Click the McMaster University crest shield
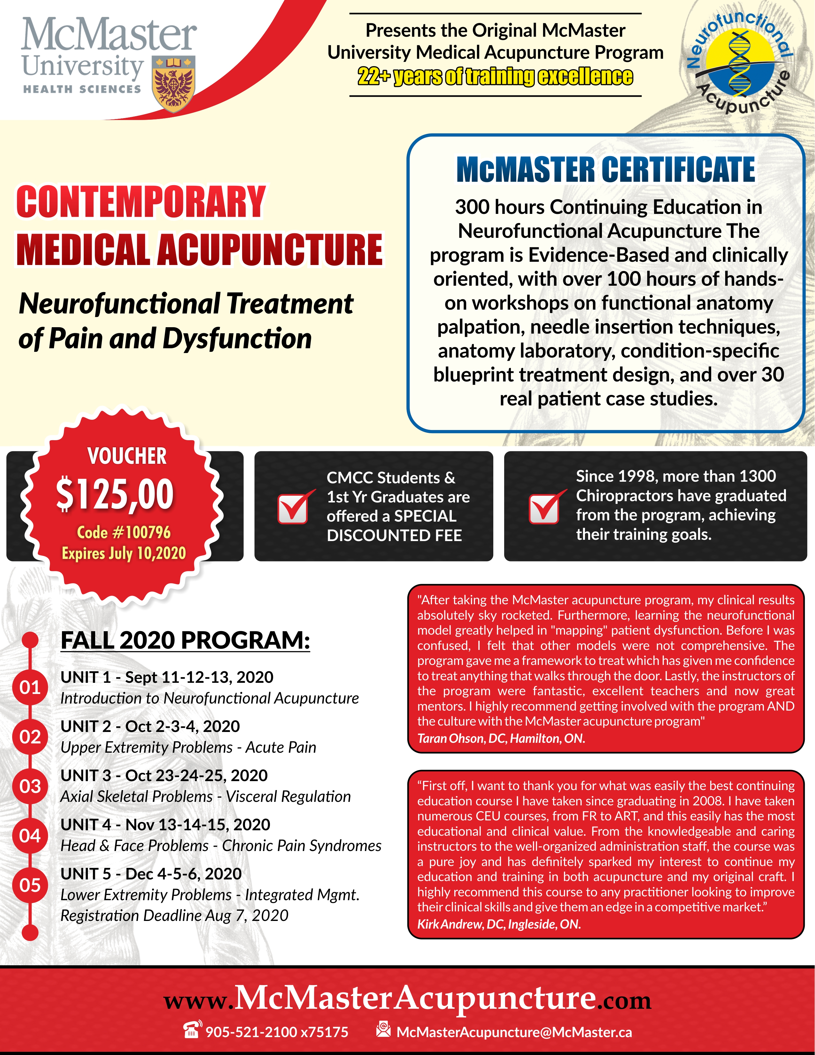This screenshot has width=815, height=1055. [173, 84]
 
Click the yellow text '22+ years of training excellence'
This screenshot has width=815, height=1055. [495, 76]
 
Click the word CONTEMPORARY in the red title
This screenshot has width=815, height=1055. [141, 202]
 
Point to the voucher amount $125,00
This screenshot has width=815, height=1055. [115, 494]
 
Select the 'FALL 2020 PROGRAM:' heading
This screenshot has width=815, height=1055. [185, 641]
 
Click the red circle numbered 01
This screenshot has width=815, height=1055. [30, 687]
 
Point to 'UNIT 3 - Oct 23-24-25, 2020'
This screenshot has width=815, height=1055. [164, 775]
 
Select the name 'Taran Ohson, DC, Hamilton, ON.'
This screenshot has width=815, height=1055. [501, 738]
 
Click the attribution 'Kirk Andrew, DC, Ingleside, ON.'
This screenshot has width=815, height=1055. [499, 924]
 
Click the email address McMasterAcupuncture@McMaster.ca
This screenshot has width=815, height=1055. [514, 1032]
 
